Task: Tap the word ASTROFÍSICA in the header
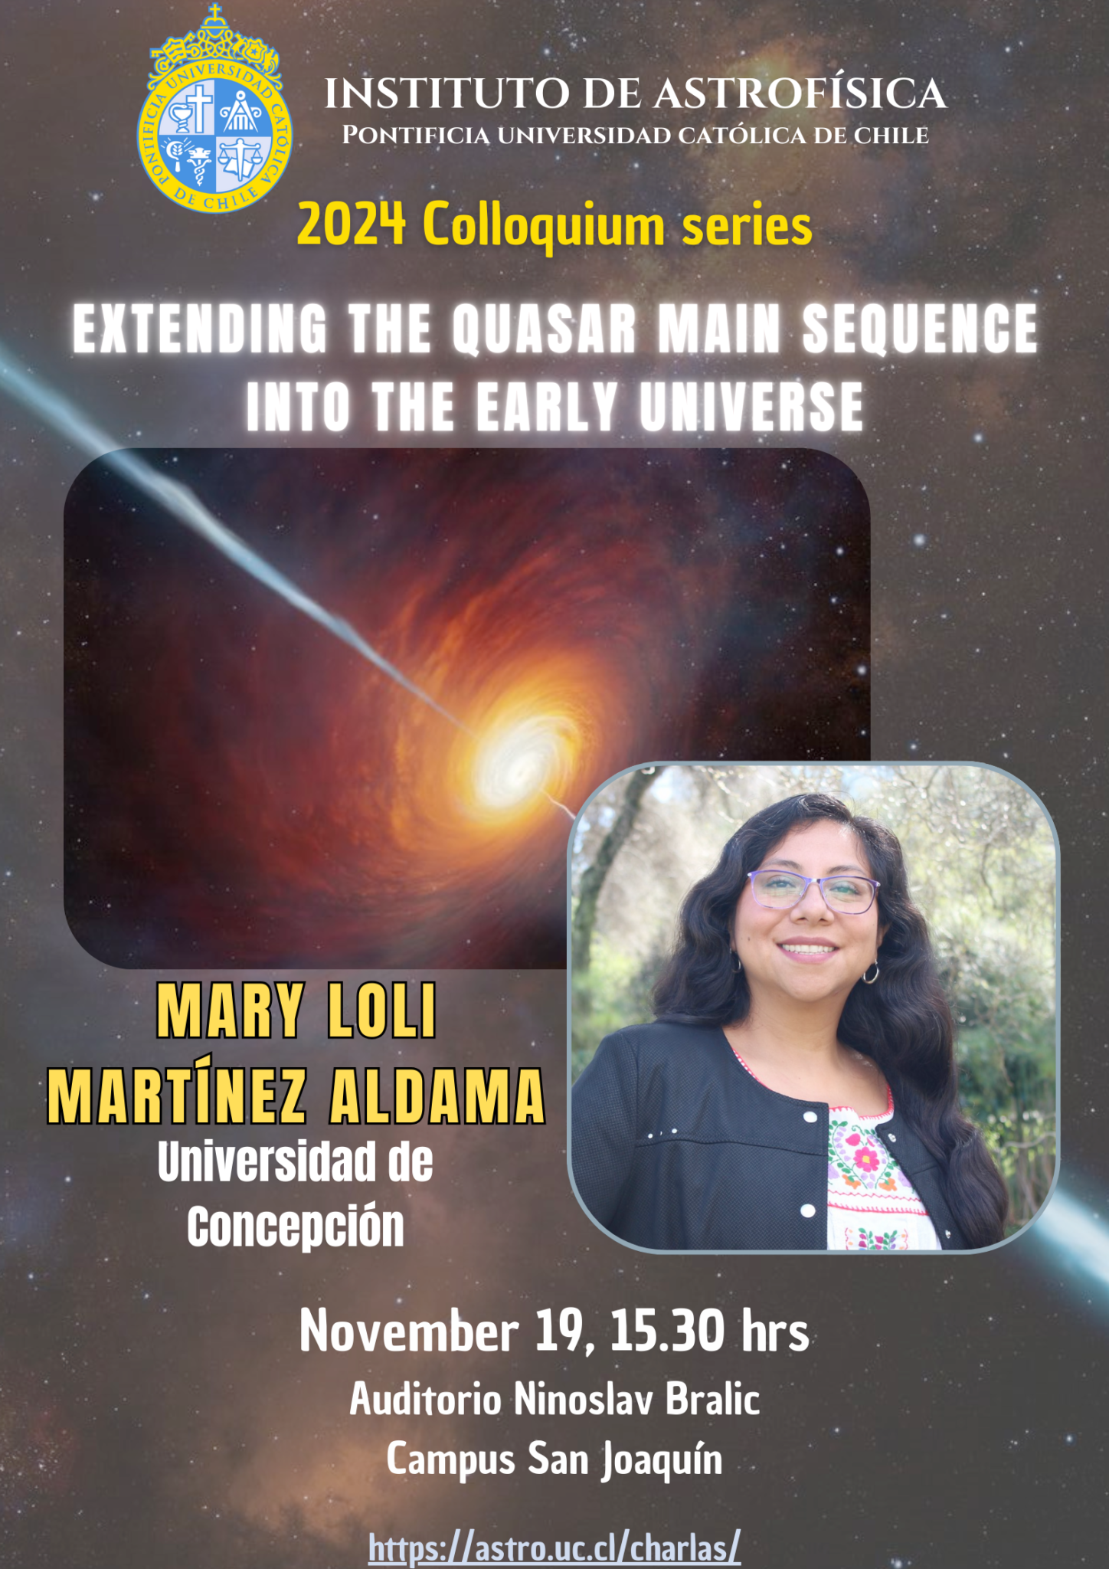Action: tap(800, 94)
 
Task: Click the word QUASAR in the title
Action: tap(544, 329)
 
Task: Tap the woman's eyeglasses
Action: tap(813, 891)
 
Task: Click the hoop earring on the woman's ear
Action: tap(871, 973)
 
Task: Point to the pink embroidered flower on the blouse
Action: tap(865, 1159)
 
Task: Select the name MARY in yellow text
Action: tap(230, 1011)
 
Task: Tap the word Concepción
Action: tap(296, 1227)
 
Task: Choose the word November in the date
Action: tap(408, 1332)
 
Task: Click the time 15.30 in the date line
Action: tap(666, 1332)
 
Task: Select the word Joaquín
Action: tap(661, 1459)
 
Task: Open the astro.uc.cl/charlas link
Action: tap(554, 1547)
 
